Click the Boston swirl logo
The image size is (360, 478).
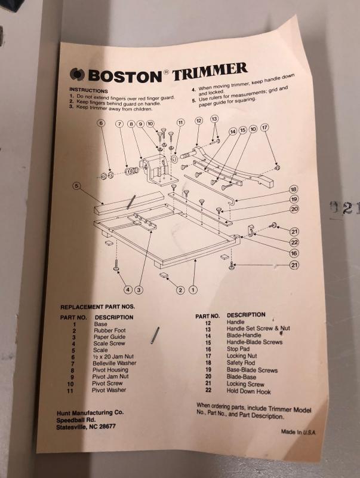point(77,74)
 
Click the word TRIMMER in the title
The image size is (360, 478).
point(210,72)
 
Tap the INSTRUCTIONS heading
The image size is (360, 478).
point(88,91)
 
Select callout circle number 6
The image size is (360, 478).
point(101,123)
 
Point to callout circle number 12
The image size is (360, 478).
point(199,121)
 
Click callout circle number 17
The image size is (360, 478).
point(264,127)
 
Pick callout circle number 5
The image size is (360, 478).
point(77,186)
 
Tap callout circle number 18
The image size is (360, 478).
point(293,189)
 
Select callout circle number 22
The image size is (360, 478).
point(294,243)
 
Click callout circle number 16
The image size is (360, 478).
point(294,253)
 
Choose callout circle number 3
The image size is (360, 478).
point(139,290)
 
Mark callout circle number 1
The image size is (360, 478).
point(193,290)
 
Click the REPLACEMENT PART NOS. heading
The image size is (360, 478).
point(97,307)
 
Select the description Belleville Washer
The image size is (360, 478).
point(115,363)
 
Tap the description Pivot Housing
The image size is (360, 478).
point(110,370)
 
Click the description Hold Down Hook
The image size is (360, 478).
point(248,391)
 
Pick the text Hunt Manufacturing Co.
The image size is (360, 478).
point(90,413)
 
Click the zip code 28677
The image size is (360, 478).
point(107,426)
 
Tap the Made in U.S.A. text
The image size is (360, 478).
point(299,431)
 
